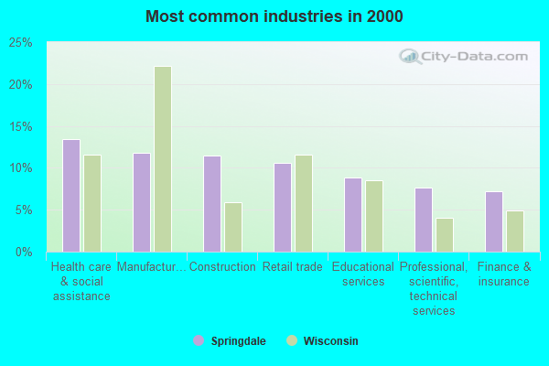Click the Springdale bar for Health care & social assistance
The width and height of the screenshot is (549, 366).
[x=71, y=196]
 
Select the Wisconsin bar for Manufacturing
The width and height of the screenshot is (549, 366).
[x=163, y=159]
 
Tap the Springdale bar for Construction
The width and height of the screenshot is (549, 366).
[x=212, y=204]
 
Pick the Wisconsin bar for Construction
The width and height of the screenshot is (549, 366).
[x=233, y=227]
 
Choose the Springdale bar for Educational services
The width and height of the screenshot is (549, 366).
[x=353, y=215]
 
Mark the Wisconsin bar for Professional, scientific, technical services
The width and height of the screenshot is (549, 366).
[x=445, y=235]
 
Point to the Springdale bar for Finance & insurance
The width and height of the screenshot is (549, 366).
[x=494, y=221]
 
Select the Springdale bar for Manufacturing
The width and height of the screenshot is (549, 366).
[x=142, y=202]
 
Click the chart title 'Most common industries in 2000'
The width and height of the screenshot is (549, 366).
[x=274, y=16]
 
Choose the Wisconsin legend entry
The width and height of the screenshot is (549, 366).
[x=322, y=341]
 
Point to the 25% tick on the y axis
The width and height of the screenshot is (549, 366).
[x=20, y=43]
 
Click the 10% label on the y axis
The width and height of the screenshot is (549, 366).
[x=20, y=168]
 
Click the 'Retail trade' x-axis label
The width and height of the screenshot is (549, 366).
[x=293, y=267]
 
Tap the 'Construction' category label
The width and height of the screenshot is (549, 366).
[x=222, y=267]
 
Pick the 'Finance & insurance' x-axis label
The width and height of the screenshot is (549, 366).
[x=504, y=274]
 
